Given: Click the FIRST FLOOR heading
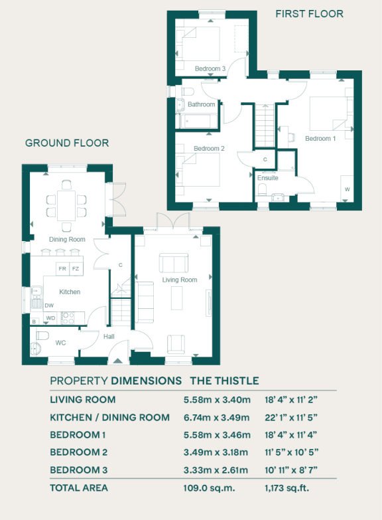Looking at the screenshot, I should tap(310, 13).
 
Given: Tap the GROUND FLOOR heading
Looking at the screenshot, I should tap(67, 143).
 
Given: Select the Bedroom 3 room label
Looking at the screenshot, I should tap(210, 68).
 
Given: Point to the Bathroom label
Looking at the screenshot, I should tap(201, 104).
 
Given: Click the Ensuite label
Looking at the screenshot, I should tap(268, 178).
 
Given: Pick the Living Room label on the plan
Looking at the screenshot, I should tap(180, 280).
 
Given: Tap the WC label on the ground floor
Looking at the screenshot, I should tap(60, 343).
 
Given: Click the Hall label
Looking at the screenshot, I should tap(109, 337).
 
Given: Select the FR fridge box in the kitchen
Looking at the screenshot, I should tap(62, 269).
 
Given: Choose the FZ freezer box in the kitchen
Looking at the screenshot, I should tap(76, 269).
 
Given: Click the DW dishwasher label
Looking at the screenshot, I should tap(49, 305).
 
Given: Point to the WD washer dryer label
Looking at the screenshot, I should tap(50, 318).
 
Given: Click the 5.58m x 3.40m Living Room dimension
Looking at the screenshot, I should tap(217, 400).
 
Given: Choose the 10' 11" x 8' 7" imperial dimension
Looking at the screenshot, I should tap(292, 470).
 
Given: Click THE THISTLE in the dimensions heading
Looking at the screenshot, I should tap(224, 381).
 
